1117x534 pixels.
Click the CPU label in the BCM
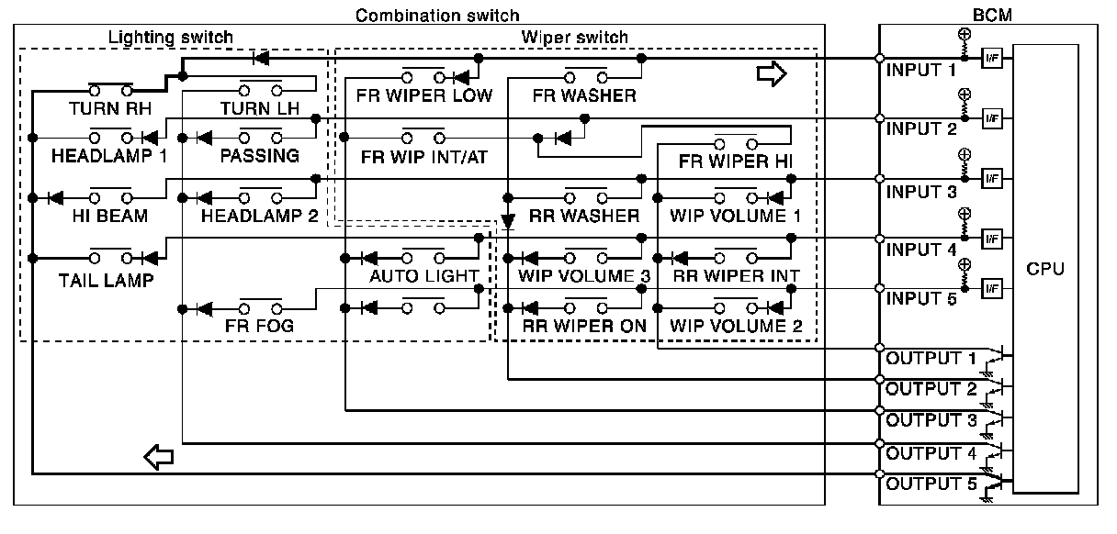(x=1046, y=269)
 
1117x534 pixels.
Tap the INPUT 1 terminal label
(x=921, y=70)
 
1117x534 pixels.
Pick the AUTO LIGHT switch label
(x=423, y=275)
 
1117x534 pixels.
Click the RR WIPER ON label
(x=584, y=325)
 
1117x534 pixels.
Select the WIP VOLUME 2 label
(x=736, y=325)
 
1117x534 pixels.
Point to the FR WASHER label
(x=584, y=95)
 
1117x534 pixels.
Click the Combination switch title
(x=436, y=15)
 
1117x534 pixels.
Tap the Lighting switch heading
(x=171, y=38)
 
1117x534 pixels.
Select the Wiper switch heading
(x=574, y=38)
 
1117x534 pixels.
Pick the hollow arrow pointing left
(x=159, y=455)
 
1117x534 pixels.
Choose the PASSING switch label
(x=259, y=156)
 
